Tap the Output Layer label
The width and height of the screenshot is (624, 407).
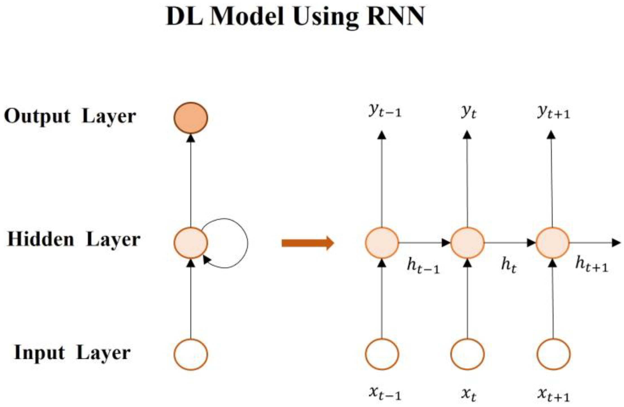pyautogui.click(x=70, y=117)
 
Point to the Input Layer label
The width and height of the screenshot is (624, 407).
pyautogui.click(x=72, y=353)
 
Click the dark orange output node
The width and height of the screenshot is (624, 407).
pyautogui.click(x=191, y=118)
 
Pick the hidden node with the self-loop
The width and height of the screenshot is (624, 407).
pyautogui.click(x=191, y=243)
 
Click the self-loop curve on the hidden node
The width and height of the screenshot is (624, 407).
pyautogui.click(x=247, y=243)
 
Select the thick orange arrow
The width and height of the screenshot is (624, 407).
pyautogui.click(x=308, y=243)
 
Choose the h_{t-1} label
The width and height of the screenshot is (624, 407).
pyautogui.click(x=423, y=266)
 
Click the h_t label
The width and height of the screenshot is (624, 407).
pyautogui.click(x=509, y=266)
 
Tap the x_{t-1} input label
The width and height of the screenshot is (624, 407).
pyautogui.click(x=385, y=393)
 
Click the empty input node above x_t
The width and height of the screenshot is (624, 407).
pyautogui.click(x=467, y=354)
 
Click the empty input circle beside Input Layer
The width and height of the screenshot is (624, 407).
pyautogui.click(x=191, y=354)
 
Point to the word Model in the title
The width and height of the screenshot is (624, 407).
pyautogui.click(x=247, y=16)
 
